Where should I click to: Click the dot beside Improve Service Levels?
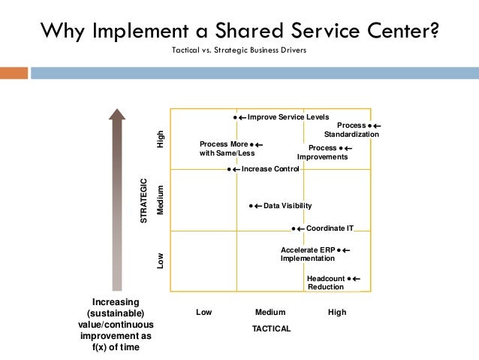coord(236,118)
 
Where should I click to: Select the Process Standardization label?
coord(352,130)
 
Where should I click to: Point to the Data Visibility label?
coord(288,206)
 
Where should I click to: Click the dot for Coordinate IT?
coord(294,228)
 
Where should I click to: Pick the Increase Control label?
coord(270,169)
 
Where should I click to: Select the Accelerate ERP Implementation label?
coord(309,254)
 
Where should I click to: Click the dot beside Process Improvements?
coord(340,148)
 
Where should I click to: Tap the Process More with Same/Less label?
coord(224,148)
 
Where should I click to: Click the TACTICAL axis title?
coord(271,329)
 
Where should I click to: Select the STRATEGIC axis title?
coord(144,199)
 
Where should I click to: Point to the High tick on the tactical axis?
coord(337,312)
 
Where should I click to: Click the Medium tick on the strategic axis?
coord(159,200)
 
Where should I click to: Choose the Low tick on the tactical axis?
coord(203,312)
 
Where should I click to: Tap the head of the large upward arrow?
coord(116,114)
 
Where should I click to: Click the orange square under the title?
coord(14,73)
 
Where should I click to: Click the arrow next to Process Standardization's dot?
coord(376,126)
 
